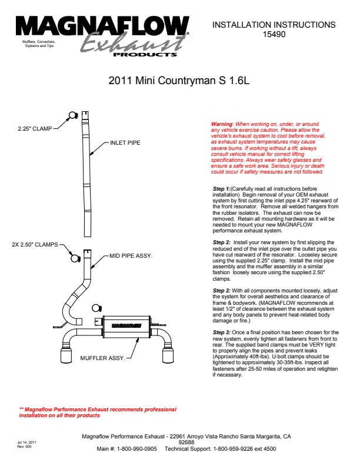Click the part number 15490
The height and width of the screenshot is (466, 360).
click(274, 35)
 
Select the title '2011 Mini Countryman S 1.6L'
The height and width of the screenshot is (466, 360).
click(179, 82)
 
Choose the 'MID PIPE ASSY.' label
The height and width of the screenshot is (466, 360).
click(131, 256)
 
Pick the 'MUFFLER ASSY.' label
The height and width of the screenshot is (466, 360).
click(102, 358)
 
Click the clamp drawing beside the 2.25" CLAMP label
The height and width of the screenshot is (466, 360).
click(73, 115)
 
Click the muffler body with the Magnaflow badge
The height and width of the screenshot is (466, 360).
click(124, 324)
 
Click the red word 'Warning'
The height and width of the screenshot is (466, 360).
click(222, 124)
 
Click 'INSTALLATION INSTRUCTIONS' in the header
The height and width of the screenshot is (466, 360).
click(274, 25)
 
